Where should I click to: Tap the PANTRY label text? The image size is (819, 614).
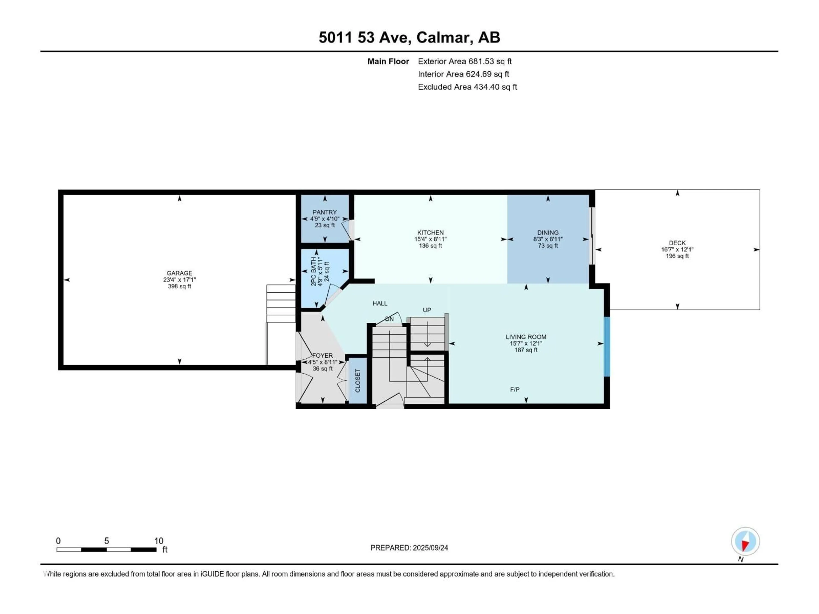(x=325, y=212)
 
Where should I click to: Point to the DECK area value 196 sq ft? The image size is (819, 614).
(x=677, y=256)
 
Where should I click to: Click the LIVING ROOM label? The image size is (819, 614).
(x=526, y=337)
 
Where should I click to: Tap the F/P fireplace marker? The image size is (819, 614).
(x=515, y=389)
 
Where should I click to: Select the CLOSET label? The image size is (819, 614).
(x=358, y=381)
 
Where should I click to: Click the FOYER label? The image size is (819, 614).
(x=322, y=355)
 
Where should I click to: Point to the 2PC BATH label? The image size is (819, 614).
(x=314, y=271)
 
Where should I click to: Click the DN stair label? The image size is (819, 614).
(x=389, y=319)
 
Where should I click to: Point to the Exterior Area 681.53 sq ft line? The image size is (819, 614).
(x=465, y=61)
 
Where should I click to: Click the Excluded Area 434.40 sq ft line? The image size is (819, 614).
(x=467, y=87)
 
